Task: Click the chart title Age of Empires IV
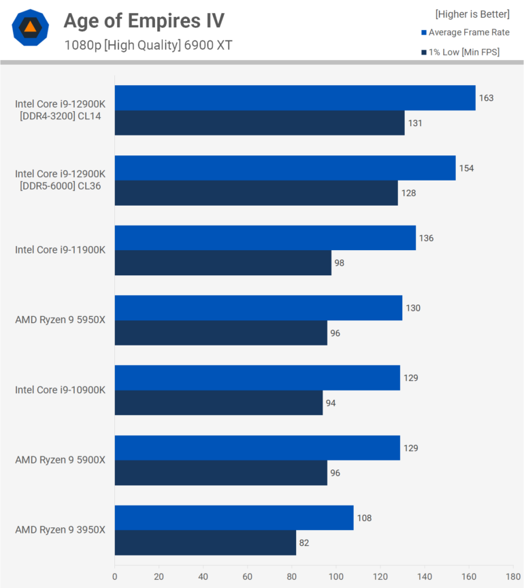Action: [x=144, y=20]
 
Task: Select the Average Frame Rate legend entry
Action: [x=465, y=33]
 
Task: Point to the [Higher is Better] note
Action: [x=472, y=14]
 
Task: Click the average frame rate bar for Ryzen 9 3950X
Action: [x=234, y=518]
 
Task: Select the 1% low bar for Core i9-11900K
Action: [x=223, y=263]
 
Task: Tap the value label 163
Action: [x=486, y=98]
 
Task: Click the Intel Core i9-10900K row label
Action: [x=61, y=390]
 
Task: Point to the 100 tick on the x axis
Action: [x=336, y=576]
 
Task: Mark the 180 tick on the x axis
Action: [x=513, y=576]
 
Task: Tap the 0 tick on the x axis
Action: [x=115, y=576]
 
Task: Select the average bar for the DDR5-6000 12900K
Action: [x=285, y=168]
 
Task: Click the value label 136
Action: [x=426, y=238]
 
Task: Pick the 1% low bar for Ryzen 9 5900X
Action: [x=221, y=473]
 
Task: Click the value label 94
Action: [x=331, y=403]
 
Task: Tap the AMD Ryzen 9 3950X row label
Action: [x=61, y=530]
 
